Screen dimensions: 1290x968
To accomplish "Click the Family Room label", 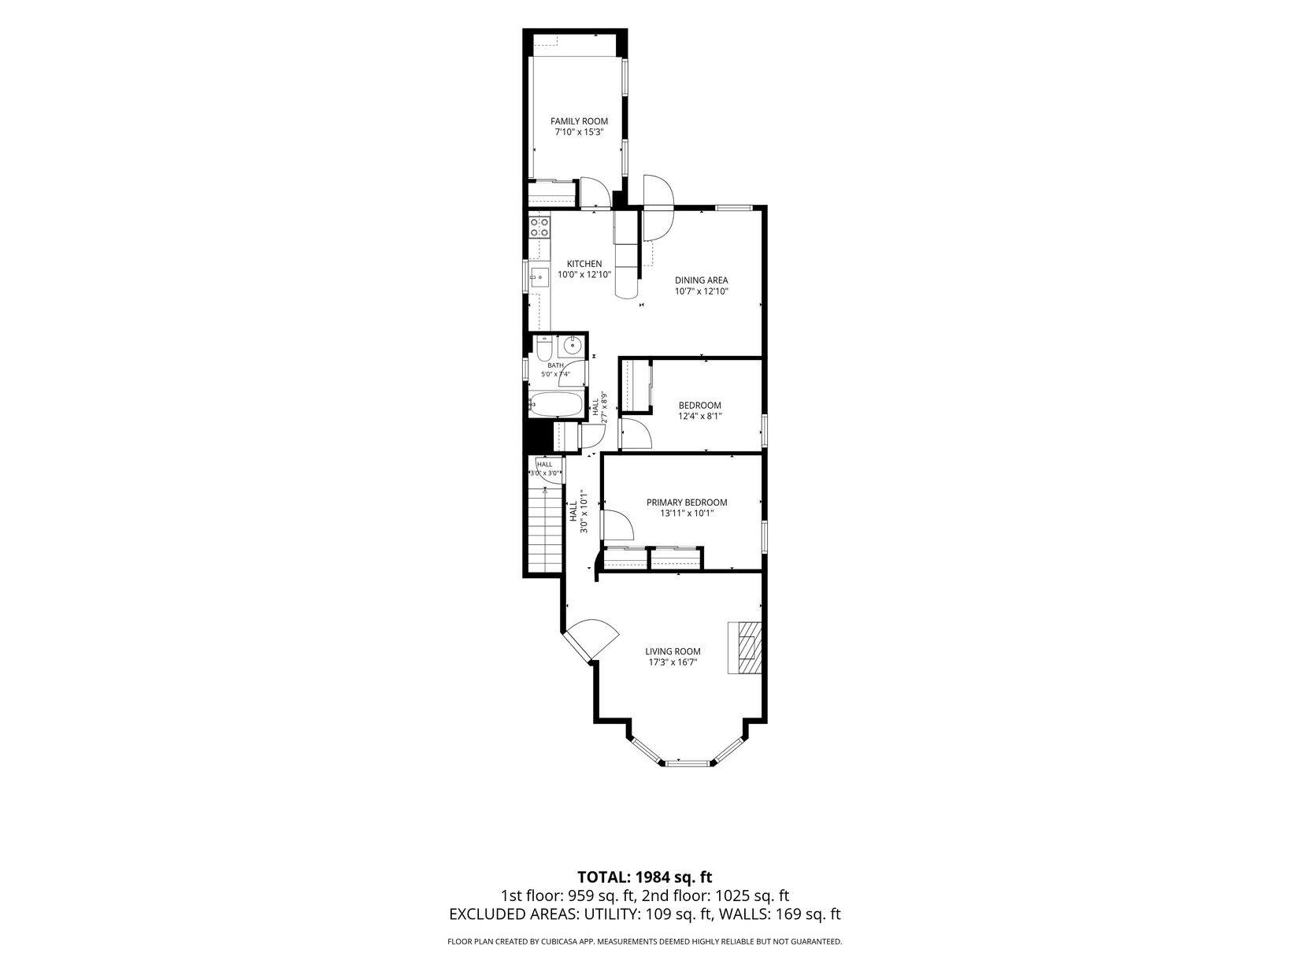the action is pos(579,121).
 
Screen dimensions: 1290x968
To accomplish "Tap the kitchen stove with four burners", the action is pos(128,227).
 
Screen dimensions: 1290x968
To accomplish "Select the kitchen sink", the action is pos(128,276).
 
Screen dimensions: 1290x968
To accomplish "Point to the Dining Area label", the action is pos(701,280).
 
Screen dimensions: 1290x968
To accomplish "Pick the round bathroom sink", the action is pos(571,346).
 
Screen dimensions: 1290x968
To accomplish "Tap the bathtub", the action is pos(556,404).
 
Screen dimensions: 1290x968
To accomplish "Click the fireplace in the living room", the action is pos(744,647).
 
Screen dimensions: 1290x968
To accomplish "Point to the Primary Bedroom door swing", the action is pos(617,525).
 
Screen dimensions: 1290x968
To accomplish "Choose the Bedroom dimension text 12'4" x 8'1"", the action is pos(699,416).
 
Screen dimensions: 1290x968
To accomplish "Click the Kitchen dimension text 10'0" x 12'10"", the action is pos(584,274).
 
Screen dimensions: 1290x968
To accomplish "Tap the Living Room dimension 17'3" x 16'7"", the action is pos(673,662).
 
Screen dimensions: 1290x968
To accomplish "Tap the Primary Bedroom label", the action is pos(687,503).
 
